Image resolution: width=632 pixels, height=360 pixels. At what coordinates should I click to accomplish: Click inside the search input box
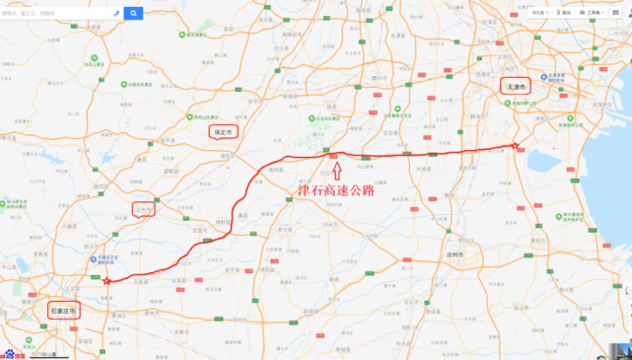coord(54,14)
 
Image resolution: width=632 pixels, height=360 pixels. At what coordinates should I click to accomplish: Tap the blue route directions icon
coord(116,14)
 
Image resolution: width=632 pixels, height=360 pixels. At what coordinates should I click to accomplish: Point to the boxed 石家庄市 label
coord(62,311)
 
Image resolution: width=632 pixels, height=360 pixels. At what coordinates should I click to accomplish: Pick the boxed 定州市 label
coord(144,208)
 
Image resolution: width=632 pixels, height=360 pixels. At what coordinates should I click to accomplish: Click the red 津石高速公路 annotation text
coord(337,190)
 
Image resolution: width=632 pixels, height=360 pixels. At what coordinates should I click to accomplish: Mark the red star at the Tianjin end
coord(515,147)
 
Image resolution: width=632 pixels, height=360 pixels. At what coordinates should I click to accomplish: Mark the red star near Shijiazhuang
coord(106,281)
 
